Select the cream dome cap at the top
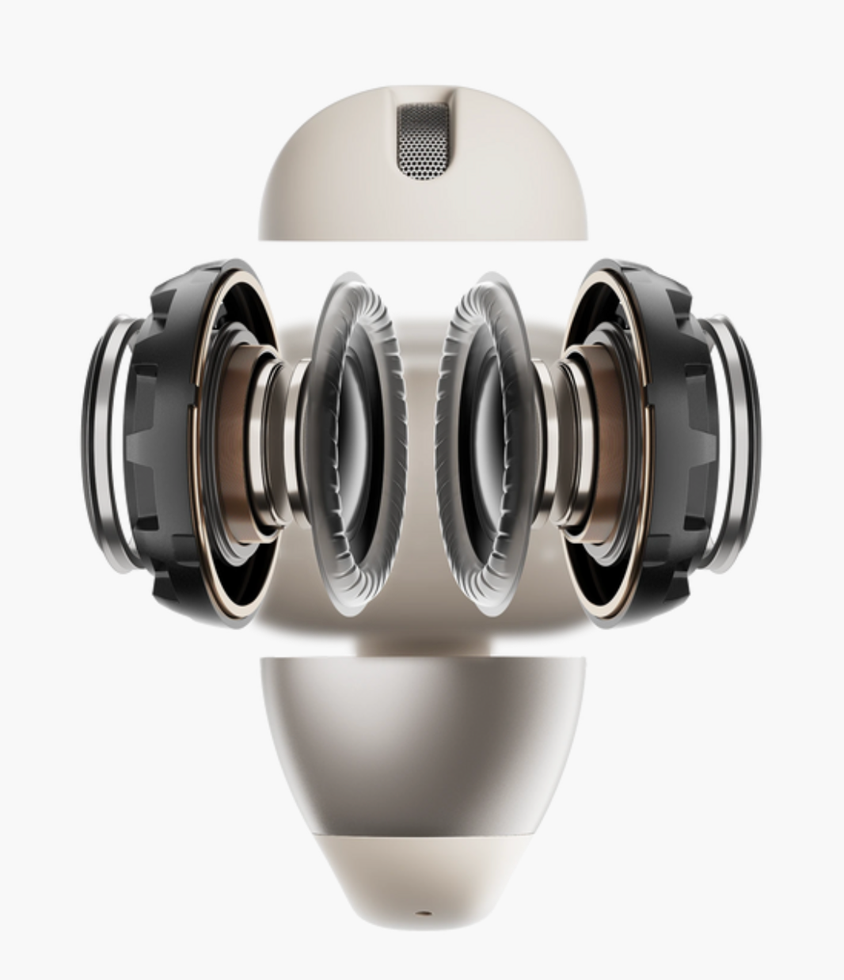click(x=333, y=190)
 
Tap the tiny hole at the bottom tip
click(x=422, y=913)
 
